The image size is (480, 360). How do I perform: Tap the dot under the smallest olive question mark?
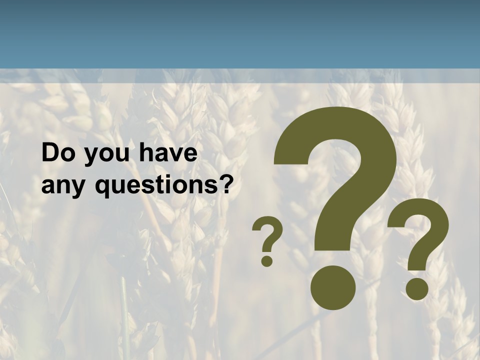(267, 260)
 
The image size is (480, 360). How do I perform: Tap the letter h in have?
(145, 153)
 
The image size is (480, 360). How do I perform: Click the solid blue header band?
(240, 34)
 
